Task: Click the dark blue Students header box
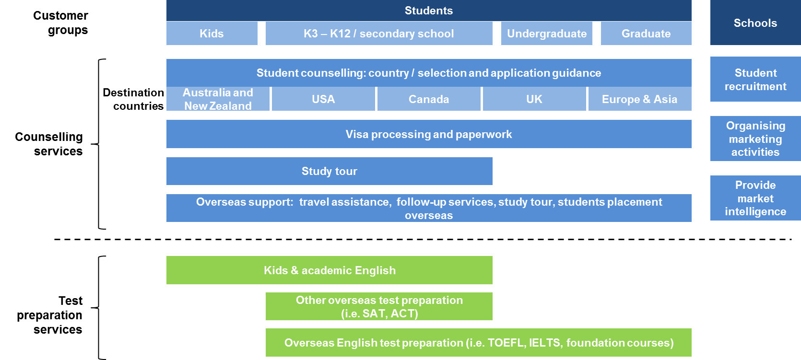click(x=429, y=11)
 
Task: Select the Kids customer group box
click(x=212, y=33)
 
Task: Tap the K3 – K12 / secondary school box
click(x=379, y=33)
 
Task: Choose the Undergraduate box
click(x=547, y=33)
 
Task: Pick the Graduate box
click(x=646, y=33)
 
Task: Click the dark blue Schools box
click(x=755, y=23)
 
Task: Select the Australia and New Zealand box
click(x=218, y=99)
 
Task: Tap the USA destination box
click(x=323, y=99)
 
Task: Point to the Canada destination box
click(x=429, y=99)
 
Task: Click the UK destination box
click(x=534, y=99)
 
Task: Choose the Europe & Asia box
click(x=640, y=99)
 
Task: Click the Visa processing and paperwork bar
click(x=429, y=134)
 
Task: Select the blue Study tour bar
click(x=330, y=171)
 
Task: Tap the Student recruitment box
click(x=755, y=79)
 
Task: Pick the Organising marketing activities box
click(x=755, y=139)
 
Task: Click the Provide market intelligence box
click(x=755, y=197)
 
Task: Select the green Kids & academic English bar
click(x=330, y=270)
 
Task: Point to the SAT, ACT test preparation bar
click(x=379, y=306)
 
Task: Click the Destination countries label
click(x=133, y=99)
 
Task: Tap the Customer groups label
click(x=60, y=23)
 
